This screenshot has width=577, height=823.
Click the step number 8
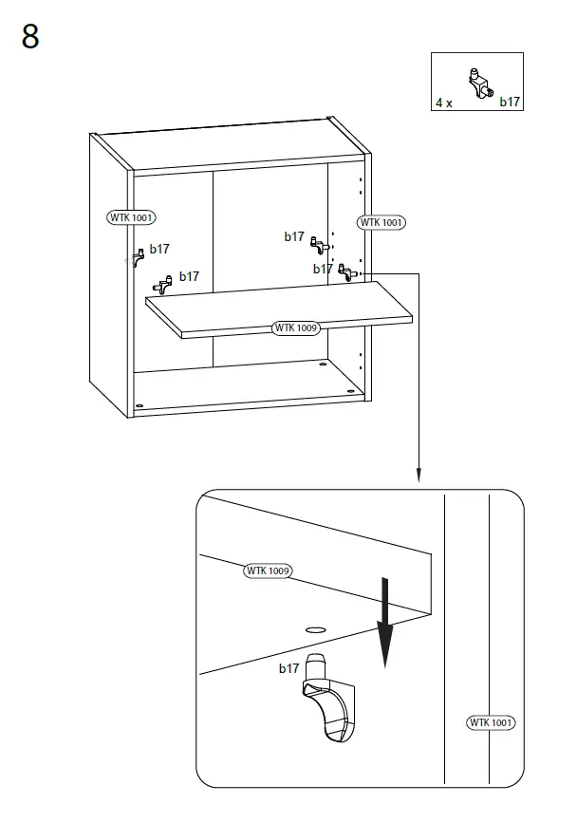(x=30, y=38)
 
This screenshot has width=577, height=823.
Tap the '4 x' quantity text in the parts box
(x=444, y=102)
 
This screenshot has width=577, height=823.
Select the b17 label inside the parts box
(x=511, y=102)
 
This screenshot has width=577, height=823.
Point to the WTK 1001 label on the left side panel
(x=131, y=217)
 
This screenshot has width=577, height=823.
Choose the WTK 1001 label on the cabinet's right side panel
(x=381, y=222)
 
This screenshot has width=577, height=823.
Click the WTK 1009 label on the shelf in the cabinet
(x=296, y=327)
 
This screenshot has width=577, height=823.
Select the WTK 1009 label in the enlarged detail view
(x=268, y=570)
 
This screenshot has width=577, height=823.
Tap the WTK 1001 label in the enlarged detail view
(x=491, y=722)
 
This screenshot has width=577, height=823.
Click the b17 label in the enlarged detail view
(x=288, y=669)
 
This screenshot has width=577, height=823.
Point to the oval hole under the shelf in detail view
(x=315, y=628)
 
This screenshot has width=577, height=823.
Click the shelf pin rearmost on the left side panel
(x=138, y=254)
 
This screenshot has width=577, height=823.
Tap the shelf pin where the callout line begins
(x=346, y=273)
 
